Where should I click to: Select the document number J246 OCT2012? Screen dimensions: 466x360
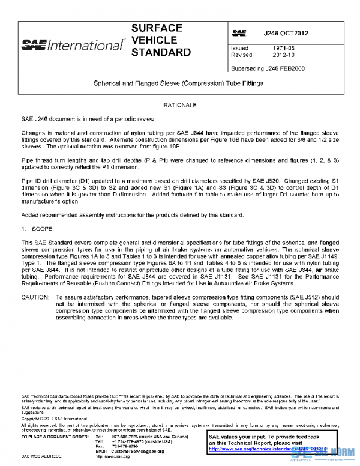286,33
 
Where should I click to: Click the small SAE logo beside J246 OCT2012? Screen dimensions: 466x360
239,33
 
